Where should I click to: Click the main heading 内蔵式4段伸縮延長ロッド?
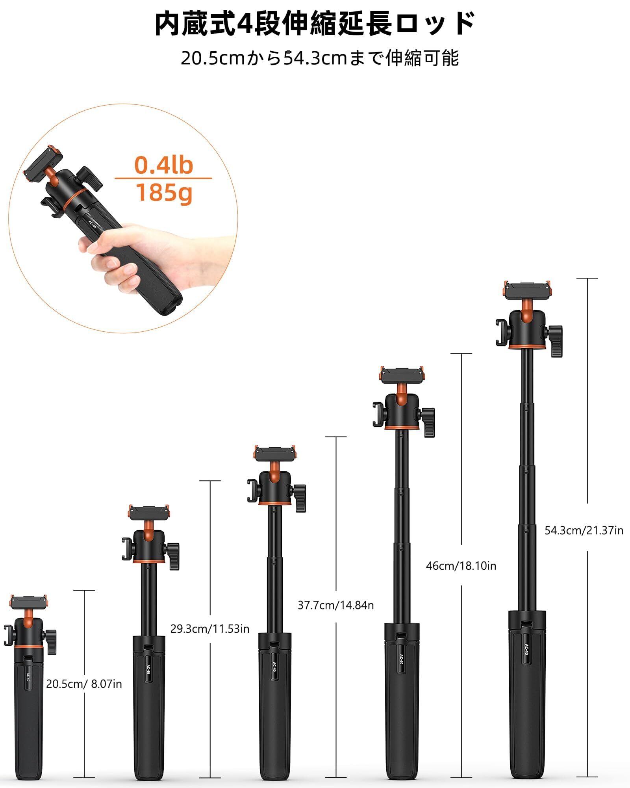pos(315,24)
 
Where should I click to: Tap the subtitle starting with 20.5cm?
pos(320,58)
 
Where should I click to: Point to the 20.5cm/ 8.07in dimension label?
pos(84,684)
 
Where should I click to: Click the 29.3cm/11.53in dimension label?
pos(210,628)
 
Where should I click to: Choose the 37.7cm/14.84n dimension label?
pos(335,605)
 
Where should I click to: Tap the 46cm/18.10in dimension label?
pos(461,566)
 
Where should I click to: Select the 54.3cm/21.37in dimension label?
pos(584,530)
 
